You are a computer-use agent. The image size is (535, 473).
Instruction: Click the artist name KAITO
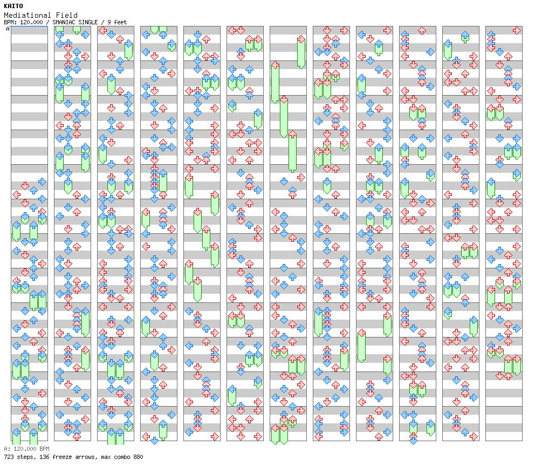(13, 6)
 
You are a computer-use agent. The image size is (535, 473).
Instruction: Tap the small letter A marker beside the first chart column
(8, 29)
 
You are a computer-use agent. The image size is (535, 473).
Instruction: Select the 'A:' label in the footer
(6, 449)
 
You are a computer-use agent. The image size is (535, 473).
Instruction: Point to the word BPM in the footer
(44, 449)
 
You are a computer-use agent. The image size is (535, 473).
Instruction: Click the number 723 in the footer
(9, 457)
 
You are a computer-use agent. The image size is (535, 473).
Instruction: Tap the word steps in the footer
(24, 457)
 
